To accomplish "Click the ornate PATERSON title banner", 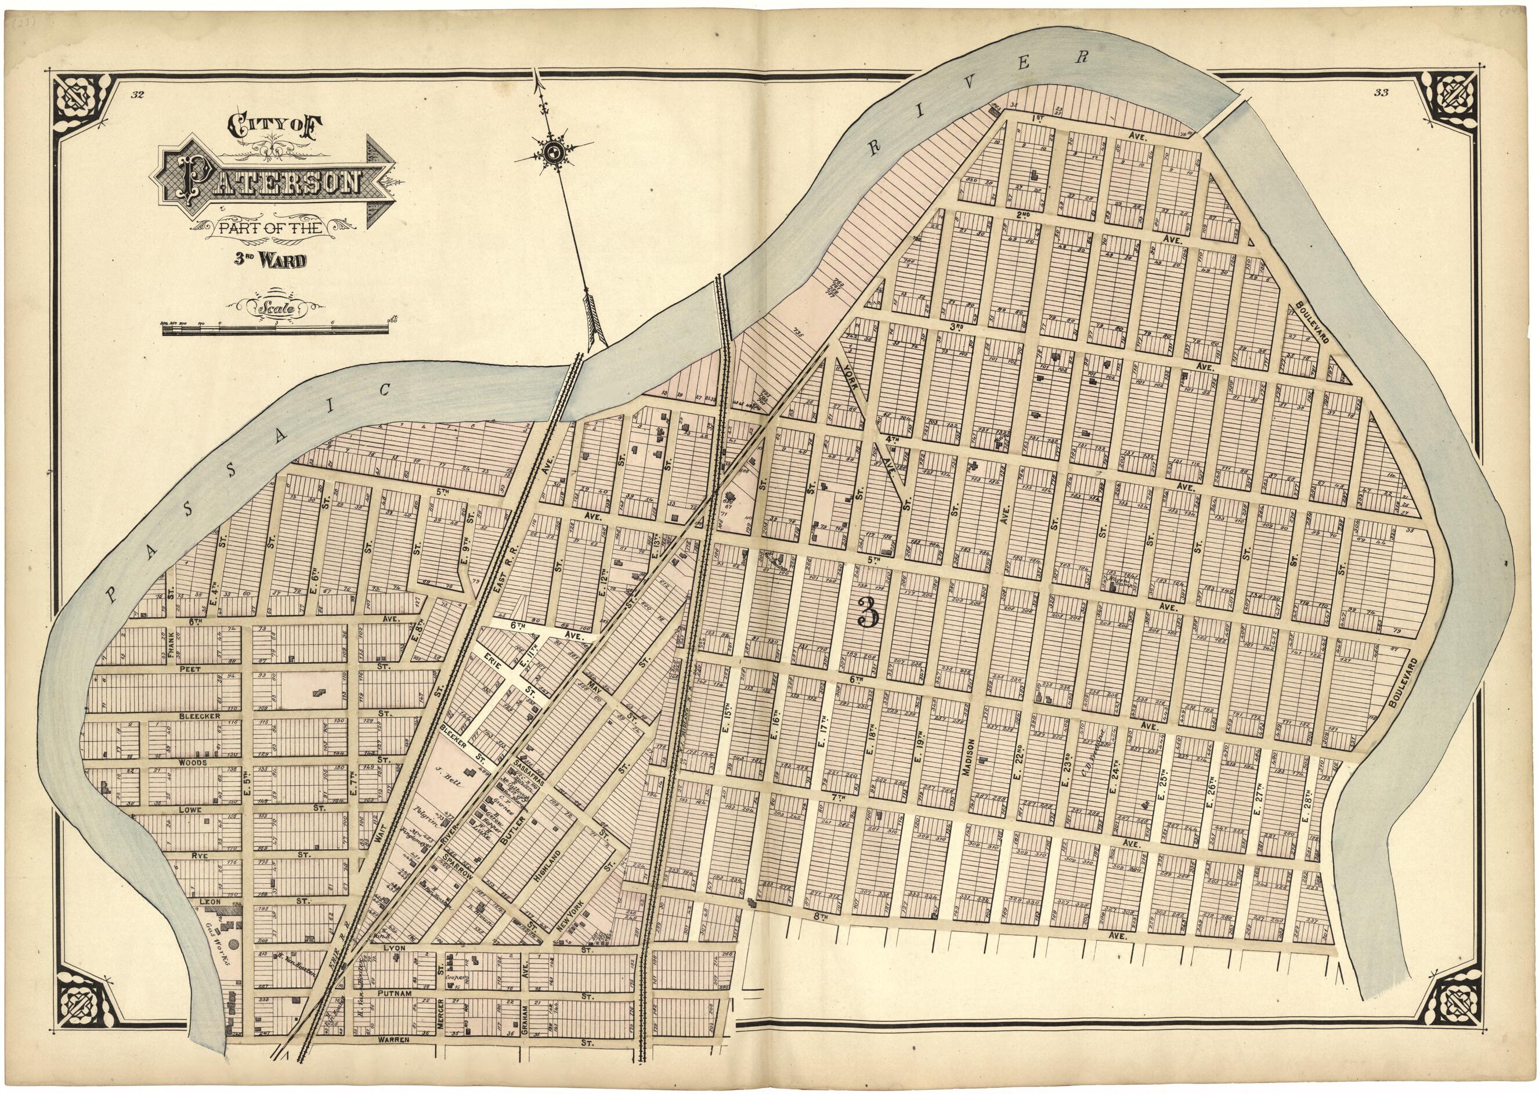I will coord(269,183).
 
